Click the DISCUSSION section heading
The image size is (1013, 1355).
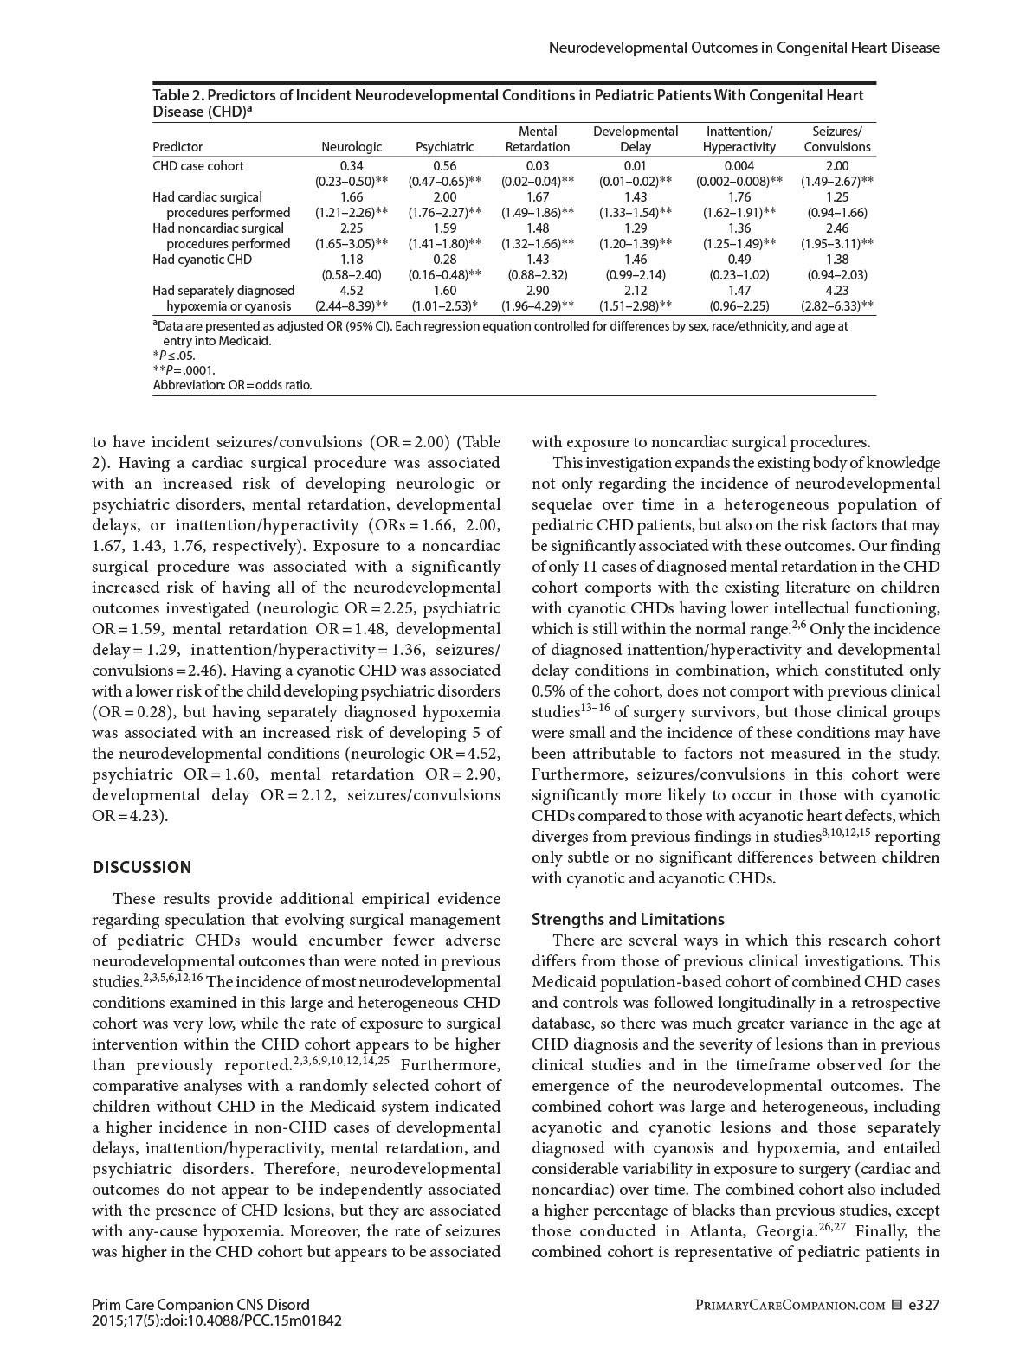[x=142, y=867]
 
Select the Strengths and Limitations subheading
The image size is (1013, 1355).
[x=628, y=919]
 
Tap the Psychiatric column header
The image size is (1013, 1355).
[x=444, y=147]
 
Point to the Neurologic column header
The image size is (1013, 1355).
[x=352, y=147]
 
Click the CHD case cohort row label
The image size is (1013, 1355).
[x=198, y=165]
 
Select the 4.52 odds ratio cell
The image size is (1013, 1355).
[x=352, y=290]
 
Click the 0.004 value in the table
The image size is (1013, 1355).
[x=739, y=165]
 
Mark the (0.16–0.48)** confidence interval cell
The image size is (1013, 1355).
[x=444, y=274]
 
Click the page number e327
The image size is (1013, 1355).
[x=924, y=1304]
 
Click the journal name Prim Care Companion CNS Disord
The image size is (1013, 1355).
[x=200, y=1304]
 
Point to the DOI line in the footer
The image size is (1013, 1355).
[x=216, y=1320]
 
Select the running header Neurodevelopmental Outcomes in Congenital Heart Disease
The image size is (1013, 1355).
[x=745, y=48]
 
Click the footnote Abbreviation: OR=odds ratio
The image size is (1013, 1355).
[x=232, y=385]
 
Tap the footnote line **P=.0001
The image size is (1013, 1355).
[x=184, y=370]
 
